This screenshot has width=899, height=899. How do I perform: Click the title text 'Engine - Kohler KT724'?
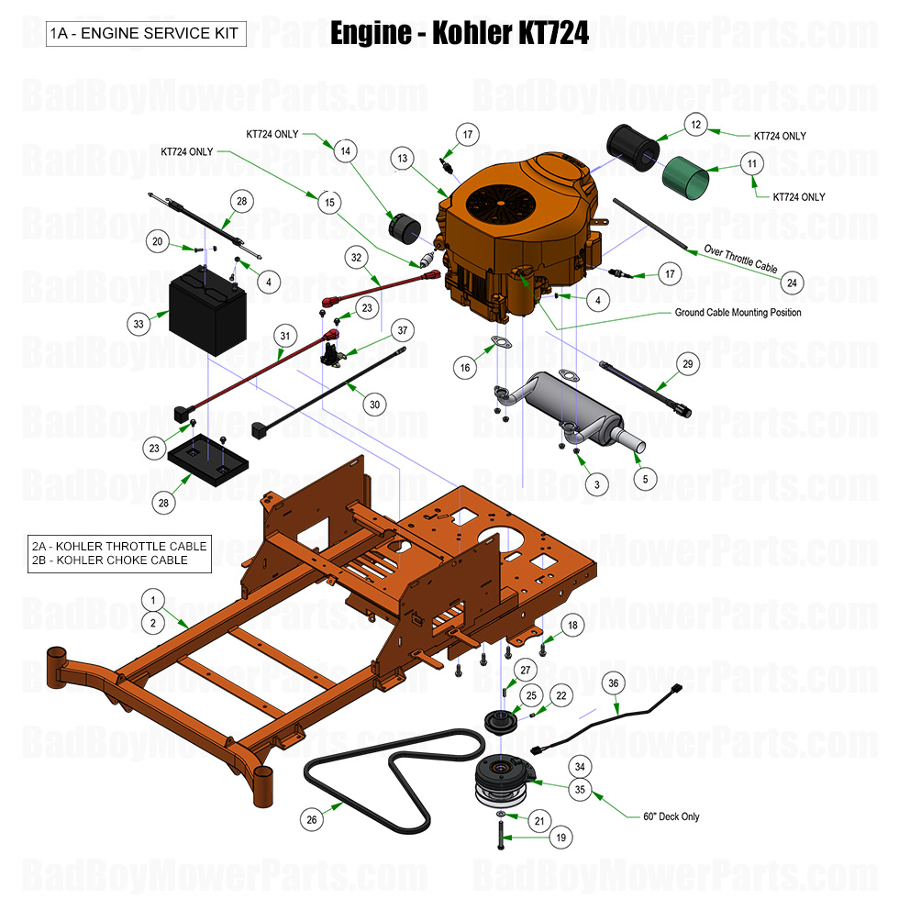click(459, 34)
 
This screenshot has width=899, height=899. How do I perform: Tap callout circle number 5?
click(644, 478)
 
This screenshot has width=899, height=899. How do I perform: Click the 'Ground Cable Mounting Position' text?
click(738, 313)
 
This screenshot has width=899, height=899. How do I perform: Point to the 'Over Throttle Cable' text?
click(740, 260)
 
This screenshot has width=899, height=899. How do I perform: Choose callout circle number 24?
click(792, 283)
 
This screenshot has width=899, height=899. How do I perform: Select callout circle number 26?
click(312, 819)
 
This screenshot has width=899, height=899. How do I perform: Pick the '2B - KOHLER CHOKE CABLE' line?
click(120, 560)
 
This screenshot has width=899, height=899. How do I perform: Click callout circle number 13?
click(402, 159)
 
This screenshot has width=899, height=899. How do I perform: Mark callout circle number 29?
click(688, 365)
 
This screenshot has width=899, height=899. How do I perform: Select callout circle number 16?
click(465, 367)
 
